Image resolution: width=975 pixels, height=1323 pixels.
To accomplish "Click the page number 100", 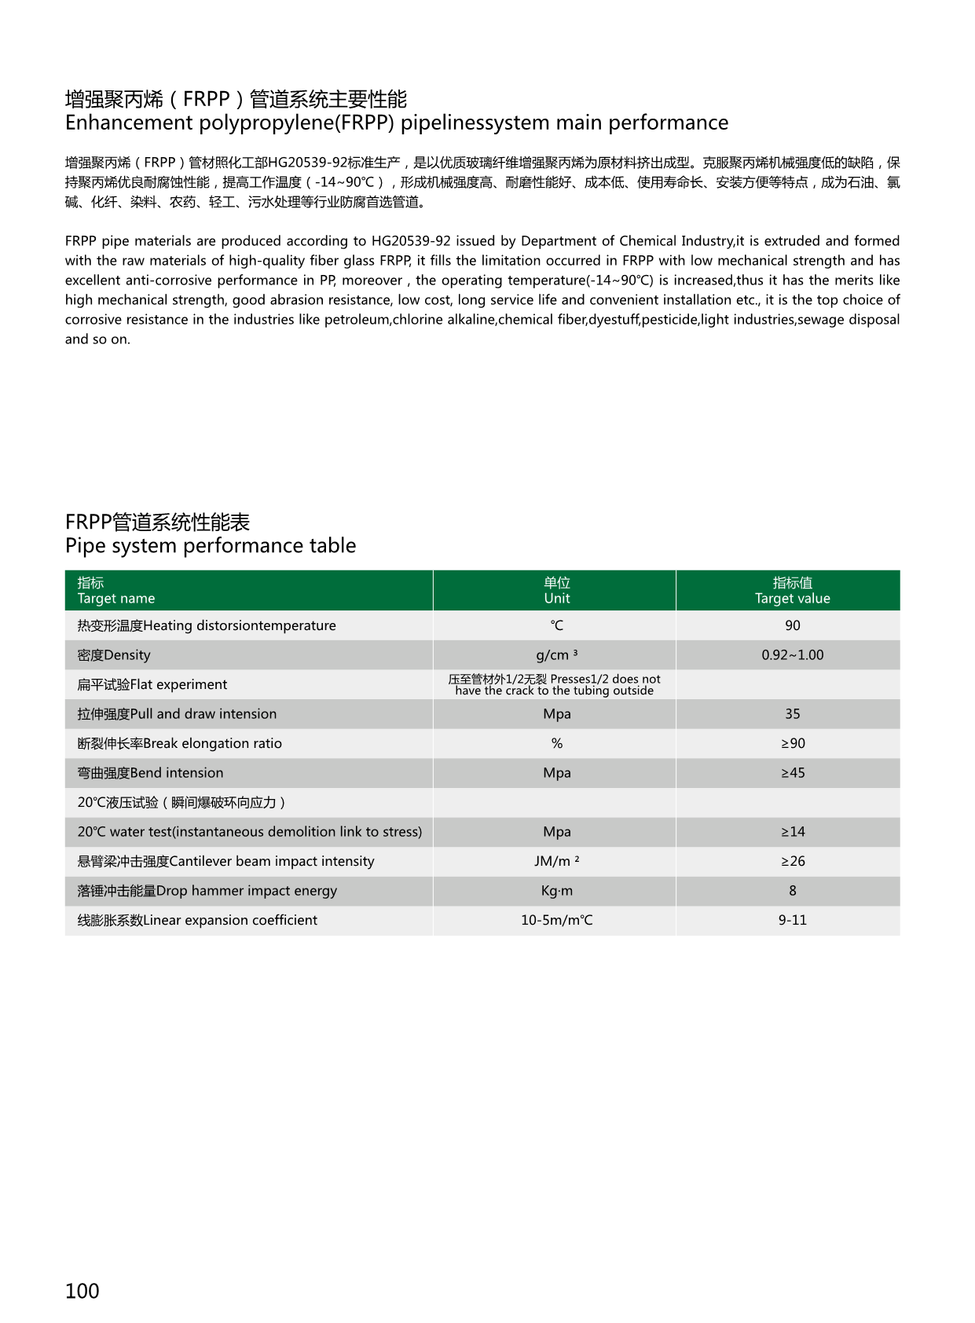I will (82, 1291).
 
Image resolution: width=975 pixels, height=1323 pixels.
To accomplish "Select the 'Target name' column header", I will (116, 598).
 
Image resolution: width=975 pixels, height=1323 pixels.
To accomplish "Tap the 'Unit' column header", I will (556, 598).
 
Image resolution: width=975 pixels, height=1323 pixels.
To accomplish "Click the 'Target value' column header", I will (792, 598).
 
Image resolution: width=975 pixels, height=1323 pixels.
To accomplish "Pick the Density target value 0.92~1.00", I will (792, 655).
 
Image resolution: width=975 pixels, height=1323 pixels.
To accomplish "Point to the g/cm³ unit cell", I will (556, 655).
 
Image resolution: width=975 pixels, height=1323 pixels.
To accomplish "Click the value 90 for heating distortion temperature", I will (792, 625).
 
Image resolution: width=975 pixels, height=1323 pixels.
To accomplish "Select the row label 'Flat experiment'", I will (152, 684).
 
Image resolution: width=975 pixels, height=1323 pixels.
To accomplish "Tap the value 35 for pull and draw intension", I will (792, 714).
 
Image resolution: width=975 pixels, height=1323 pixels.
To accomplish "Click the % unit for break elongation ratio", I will (556, 743).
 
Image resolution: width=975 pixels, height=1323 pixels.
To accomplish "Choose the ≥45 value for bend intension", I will (792, 773).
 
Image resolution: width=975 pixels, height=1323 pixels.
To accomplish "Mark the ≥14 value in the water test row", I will (792, 832).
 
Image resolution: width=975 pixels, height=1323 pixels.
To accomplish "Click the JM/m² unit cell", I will (556, 861).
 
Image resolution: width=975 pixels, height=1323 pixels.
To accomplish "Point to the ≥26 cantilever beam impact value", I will (792, 861).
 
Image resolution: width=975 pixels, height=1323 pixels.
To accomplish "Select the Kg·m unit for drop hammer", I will (556, 891).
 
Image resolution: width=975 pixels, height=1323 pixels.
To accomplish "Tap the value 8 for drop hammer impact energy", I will (792, 891).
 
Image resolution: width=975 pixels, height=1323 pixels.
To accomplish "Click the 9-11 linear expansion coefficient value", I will (792, 920).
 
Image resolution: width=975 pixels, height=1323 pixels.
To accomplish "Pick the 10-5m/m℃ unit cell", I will (556, 920).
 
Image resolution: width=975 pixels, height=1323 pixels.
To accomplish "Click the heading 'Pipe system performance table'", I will (211, 546).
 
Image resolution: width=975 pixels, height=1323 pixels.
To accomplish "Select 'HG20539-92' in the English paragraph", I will (411, 241).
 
